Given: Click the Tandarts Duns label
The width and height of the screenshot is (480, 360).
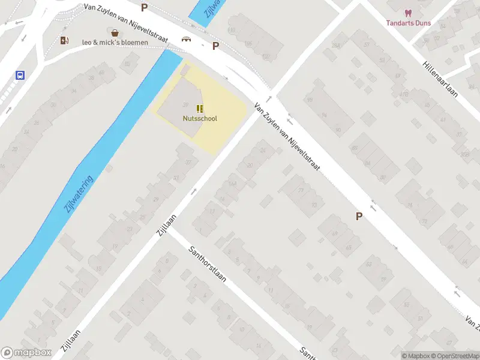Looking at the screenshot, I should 409,23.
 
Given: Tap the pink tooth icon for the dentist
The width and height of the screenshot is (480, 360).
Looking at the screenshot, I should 409,13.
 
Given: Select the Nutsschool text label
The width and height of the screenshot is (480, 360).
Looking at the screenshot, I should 200,118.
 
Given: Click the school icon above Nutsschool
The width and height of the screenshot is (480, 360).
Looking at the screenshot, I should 200,109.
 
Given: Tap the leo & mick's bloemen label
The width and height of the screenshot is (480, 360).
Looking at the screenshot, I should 115,42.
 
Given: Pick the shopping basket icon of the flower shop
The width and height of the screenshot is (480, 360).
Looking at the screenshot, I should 114,32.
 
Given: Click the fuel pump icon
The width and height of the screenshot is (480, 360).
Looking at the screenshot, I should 64,40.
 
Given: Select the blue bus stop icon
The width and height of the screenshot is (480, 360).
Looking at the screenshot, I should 20,76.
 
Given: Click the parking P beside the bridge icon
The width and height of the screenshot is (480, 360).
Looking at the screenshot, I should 215,46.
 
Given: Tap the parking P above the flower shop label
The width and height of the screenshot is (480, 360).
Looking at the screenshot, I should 144,7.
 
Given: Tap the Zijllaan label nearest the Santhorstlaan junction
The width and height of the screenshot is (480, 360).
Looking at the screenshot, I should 167,225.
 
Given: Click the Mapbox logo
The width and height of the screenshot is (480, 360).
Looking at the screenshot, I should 25,353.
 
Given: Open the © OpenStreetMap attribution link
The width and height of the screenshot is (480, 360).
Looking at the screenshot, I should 454,356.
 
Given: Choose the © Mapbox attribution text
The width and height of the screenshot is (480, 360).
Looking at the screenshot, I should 415,356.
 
